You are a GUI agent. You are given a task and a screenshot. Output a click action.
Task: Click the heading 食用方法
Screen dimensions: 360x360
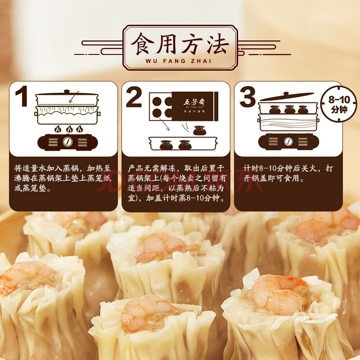point(180,44)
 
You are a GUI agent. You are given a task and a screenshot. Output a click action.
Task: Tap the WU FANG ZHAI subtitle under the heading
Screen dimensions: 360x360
point(178,61)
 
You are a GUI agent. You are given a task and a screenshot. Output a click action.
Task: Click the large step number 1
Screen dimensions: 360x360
point(22,96)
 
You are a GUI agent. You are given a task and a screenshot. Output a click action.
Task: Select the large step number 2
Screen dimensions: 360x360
point(134,97)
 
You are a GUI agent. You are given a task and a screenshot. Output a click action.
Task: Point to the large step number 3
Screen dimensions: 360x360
point(247,97)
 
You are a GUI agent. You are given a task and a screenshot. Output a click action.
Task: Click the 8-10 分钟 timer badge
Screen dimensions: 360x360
point(339,104)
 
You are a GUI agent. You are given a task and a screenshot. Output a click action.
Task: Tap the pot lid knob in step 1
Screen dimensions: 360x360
point(67,92)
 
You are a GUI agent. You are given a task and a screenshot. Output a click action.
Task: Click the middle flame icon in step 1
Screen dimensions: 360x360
point(69,129)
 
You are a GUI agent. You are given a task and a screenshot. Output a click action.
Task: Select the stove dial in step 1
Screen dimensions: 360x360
point(67,142)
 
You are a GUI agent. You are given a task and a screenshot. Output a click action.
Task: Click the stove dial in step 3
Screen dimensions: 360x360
point(288,141)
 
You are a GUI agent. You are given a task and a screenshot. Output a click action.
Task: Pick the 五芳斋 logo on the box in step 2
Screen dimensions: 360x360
point(194,103)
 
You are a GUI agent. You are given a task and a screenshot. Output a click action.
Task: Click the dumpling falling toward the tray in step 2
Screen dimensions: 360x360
point(199,130)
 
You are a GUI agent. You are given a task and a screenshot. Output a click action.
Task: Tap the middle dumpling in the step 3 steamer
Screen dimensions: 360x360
point(289,110)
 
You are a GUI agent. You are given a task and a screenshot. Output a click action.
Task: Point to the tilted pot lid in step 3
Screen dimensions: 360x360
point(287,96)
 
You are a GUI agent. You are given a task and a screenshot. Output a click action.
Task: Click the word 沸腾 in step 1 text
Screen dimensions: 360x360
point(22,179)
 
